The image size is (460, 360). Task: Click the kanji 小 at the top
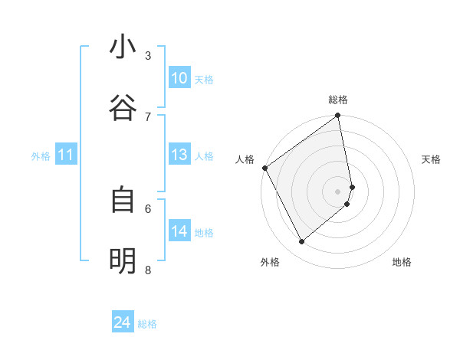pos(123,47)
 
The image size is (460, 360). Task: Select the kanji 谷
pos(123,107)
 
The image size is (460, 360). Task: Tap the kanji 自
pos(123,200)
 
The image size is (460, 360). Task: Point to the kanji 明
pos(123,261)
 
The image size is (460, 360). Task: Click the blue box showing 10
pos(179,78)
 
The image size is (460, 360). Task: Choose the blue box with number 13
pos(179,155)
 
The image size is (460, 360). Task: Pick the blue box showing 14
pos(179,231)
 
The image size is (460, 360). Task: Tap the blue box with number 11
pos(66,155)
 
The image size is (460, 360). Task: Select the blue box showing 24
pos(123,323)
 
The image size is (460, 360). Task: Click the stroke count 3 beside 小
pos(148,55)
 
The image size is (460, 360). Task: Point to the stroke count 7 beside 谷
pos(148,116)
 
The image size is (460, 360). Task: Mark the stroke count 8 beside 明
pos(148,270)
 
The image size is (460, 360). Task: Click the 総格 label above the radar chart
pos(338,100)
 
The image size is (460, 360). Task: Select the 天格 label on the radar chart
pos(432,159)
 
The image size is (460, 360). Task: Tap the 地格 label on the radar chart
pos(402,262)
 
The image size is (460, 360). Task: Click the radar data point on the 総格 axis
pos(338,116)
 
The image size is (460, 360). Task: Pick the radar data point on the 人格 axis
pos(264,168)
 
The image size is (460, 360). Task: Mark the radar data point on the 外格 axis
pos(301,242)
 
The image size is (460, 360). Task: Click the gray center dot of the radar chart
pos(338,191)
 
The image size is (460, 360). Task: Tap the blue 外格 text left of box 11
pos(41,156)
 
